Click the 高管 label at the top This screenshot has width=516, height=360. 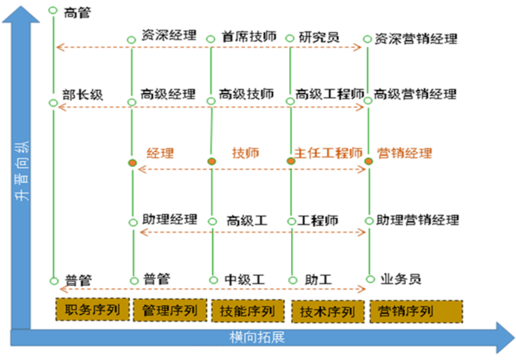click(77, 12)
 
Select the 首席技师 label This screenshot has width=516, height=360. click(249, 37)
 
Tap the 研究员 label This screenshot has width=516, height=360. click(319, 37)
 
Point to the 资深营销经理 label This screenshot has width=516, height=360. click(415, 39)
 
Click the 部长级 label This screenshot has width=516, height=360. click(82, 95)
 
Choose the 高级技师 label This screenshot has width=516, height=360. click(247, 94)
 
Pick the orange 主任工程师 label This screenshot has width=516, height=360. click(328, 153)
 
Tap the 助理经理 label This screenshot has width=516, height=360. click(169, 220)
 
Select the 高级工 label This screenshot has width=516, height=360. click(247, 221)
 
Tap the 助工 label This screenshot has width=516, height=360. click(318, 280)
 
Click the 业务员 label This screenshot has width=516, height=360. click(402, 278)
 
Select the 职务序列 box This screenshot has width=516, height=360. click(92, 309)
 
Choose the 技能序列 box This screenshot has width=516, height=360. click(247, 311)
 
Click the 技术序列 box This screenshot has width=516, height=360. click(327, 311)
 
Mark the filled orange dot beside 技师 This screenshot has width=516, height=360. click(212, 161)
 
